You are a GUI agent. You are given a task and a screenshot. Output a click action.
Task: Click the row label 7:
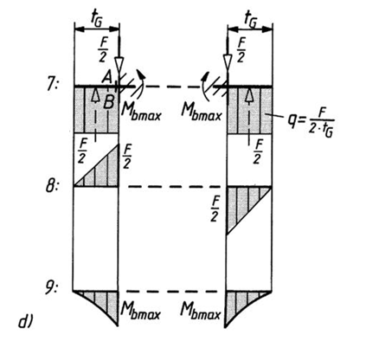coord(53,85)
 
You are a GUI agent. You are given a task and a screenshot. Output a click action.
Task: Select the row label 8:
coord(52,186)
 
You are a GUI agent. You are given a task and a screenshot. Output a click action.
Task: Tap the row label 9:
coord(52,288)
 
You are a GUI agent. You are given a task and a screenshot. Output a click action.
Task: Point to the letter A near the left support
coord(107,77)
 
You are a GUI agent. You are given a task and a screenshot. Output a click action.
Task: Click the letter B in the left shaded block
coord(108,101)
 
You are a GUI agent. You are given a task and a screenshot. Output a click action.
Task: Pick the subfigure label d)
coord(26,322)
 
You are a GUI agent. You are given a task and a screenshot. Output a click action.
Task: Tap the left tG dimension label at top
coord(96,19)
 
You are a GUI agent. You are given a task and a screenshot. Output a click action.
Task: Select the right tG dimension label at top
coord(250,20)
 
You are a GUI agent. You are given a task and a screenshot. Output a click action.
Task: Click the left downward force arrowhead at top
coord(119,63)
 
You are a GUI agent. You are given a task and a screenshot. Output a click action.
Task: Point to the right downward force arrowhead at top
coord(228,62)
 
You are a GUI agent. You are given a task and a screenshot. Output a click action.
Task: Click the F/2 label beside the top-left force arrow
coord(103,50)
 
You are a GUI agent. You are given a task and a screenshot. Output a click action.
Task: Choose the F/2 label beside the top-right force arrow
coord(241,50)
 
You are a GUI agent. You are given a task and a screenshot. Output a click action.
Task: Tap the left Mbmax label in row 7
coord(141,110)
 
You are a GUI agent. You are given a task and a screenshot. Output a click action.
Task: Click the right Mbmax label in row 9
coord(201,311)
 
